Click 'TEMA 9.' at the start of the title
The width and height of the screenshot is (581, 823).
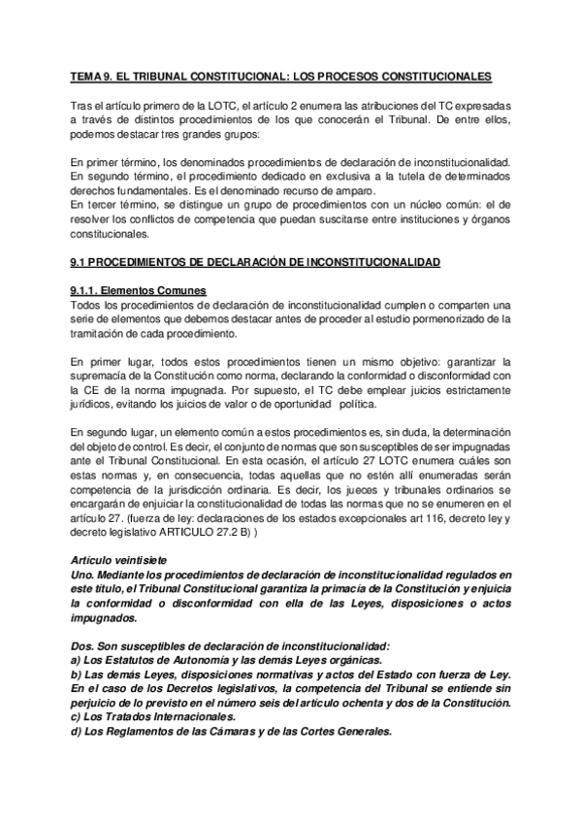89,75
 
